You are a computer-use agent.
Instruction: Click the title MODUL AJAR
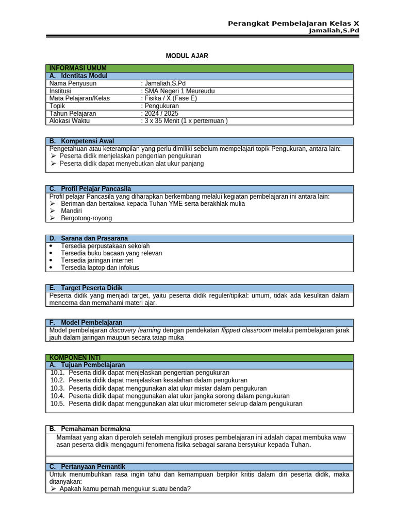tap(187, 56)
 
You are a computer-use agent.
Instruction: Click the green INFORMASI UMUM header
tap(78, 68)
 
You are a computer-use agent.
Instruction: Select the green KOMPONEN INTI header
tap(75, 357)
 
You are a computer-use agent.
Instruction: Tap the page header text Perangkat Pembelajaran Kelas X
tap(293, 24)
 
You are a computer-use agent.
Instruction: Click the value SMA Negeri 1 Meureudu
tap(179, 91)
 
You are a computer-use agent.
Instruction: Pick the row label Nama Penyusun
tap(73, 83)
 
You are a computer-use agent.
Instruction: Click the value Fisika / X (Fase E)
tap(170, 98)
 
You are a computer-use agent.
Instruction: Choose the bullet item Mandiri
tap(71, 211)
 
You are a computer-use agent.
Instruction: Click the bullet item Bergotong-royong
tap(86, 218)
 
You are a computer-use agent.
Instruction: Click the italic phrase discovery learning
tap(135, 330)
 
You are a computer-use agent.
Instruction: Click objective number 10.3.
tap(57, 388)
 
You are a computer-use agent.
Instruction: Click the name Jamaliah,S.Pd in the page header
tap(334, 31)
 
